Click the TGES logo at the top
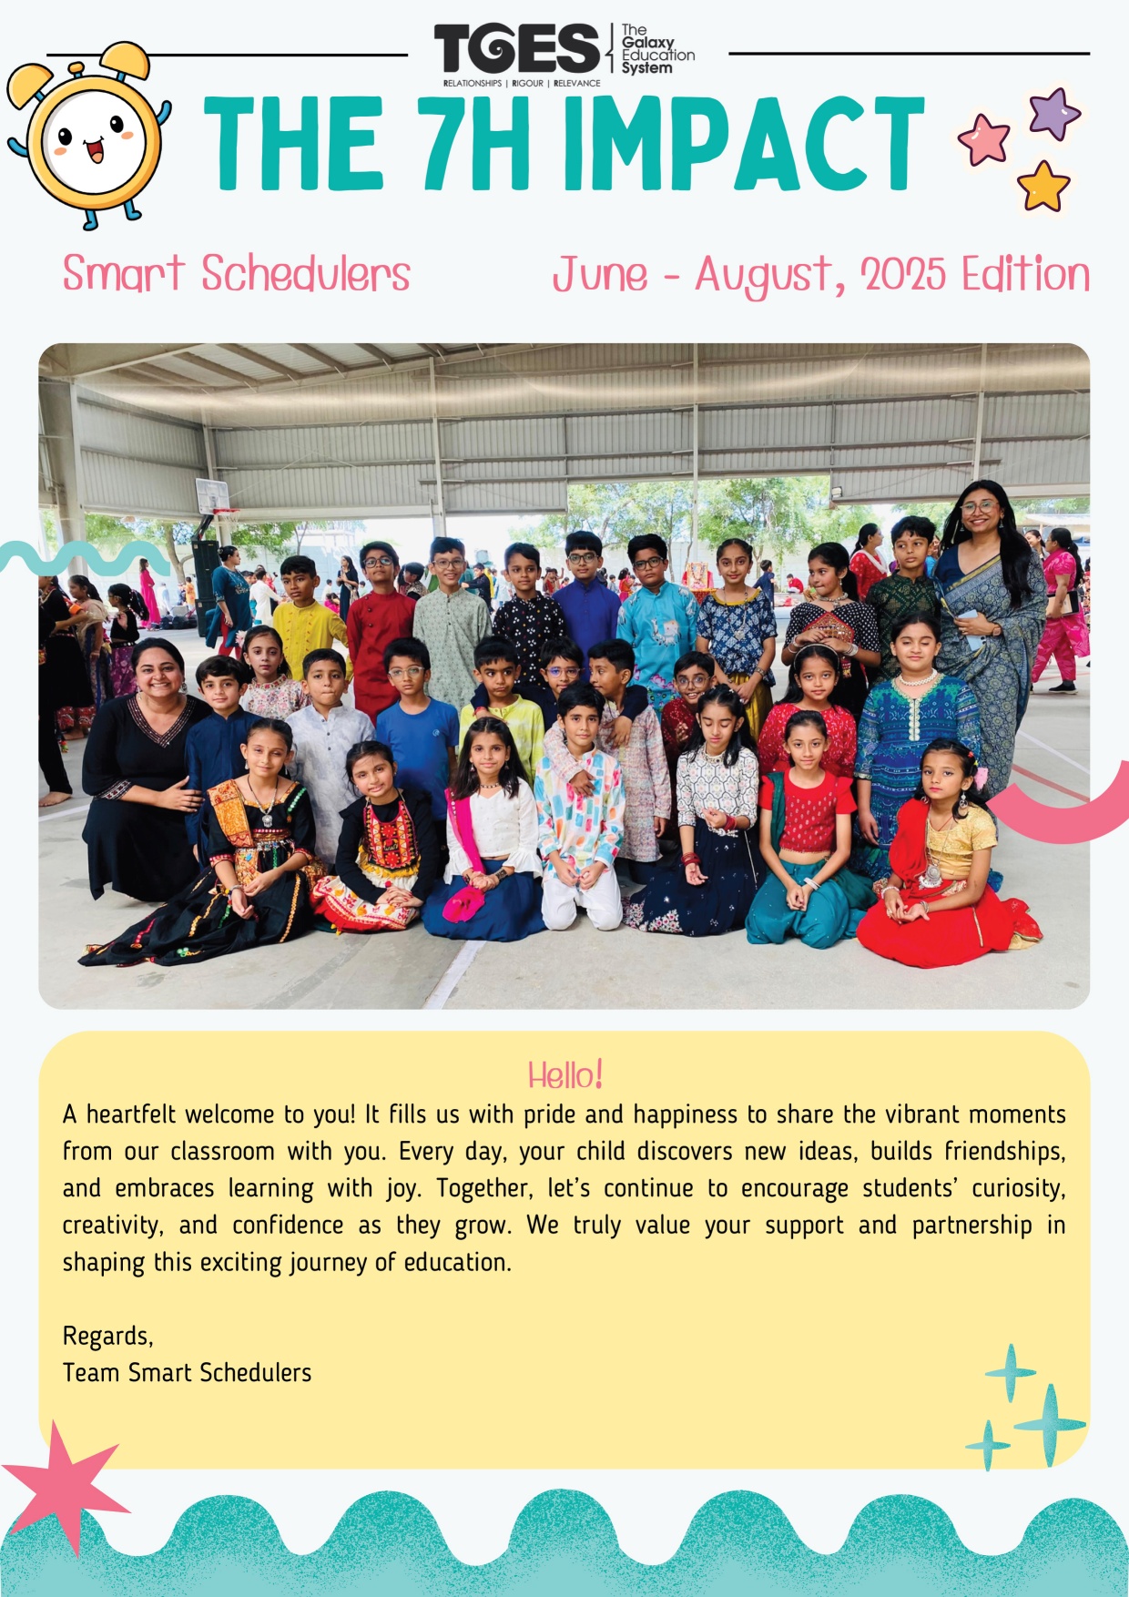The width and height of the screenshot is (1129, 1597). pyautogui.click(x=516, y=49)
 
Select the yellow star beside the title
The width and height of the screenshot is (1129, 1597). pyautogui.click(x=1043, y=186)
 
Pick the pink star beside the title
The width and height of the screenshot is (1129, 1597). pyautogui.click(x=984, y=139)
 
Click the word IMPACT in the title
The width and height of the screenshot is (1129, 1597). pyautogui.click(x=744, y=144)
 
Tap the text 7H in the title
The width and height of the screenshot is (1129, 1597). pyautogui.click(x=476, y=144)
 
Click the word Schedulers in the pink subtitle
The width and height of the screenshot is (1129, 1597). pyautogui.click(x=306, y=274)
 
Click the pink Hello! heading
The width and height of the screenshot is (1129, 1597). pyautogui.click(x=564, y=1075)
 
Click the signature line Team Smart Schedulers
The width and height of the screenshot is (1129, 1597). pyautogui.click(x=187, y=1372)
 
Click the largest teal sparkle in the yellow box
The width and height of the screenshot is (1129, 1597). pyautogui.click(x=1050, y=1424)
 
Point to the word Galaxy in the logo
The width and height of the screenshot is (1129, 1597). pyautogui.click(x=648, y=43)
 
